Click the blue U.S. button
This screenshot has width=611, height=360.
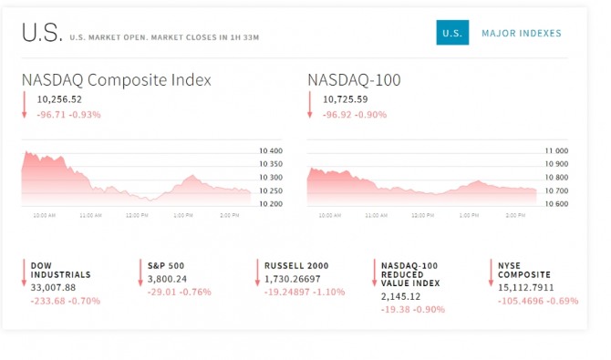(x=452, y=33)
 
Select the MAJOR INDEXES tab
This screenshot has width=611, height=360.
(x=522, y=33)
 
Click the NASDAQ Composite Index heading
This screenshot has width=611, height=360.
(x=116, y=80)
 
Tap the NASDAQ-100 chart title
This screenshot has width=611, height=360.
(x=354, y=80)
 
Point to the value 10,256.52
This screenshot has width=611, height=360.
(x=59, y=99)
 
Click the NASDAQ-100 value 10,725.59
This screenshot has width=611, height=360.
(x=346, y=99)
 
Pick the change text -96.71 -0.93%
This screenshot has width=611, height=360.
(x=69, y=115)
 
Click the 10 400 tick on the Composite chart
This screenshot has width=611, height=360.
(x=271, y=150)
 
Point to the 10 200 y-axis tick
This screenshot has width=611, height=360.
(x=271, y=204)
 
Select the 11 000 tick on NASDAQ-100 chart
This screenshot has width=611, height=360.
(x=556, y=150)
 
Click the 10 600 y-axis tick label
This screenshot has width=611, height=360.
(x=556, y=204)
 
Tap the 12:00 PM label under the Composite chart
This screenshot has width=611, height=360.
(x=137, y=215)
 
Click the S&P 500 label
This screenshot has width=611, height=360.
(x=166, y=266)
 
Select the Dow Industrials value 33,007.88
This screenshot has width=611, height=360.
(x=53, y=287)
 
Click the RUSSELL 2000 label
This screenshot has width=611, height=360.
(x=296, y=266)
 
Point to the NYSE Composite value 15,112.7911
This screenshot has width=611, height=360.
(x=525, y=287)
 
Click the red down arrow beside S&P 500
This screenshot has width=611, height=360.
(x=140, y=273)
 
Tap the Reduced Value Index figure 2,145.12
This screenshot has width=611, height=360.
(x=400, y=296)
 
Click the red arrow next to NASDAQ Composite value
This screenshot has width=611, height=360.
(x=24, y=105)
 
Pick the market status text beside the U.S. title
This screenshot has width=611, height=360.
(x=164, y=37)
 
